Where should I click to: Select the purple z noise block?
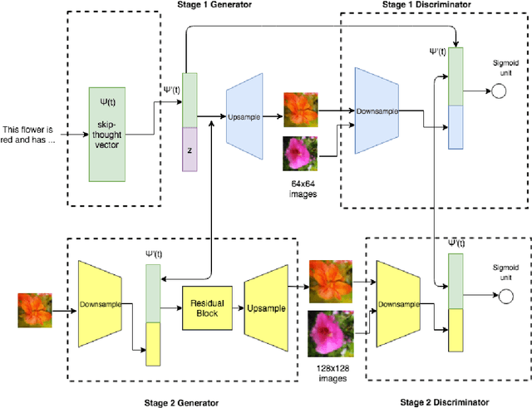[x=190, y=150]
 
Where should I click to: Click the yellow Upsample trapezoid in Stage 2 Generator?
[x=268, y=307]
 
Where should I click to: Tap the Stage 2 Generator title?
[x=180, y=402]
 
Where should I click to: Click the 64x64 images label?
[x=300, y=190]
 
